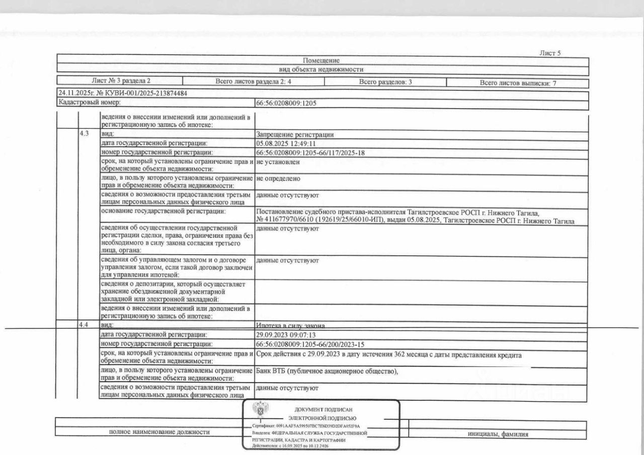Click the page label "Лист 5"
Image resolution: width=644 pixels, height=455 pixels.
(550, 53)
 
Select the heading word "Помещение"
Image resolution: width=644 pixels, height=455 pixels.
(321, 61)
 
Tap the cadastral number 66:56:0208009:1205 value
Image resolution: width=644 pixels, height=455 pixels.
(286, 103)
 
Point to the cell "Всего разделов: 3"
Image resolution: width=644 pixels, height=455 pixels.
(385, 81)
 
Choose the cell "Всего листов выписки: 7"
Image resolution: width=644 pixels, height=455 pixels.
(518, 83)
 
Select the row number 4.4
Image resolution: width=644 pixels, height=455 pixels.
(84, 325)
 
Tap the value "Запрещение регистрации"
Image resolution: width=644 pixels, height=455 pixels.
(295, 135)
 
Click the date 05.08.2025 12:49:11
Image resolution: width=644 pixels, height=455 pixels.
(286, 143)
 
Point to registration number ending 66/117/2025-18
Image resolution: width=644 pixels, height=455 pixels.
(310, 152)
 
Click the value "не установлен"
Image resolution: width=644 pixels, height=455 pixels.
(278, 162)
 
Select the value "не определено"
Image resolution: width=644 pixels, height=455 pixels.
(278, 178)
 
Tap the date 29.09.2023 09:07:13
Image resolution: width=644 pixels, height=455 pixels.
(286, 334)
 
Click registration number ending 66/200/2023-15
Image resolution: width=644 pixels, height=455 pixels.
(310, 344)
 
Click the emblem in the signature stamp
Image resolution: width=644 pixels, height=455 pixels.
(260, 410)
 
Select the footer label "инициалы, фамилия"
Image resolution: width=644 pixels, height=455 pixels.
(498, 435)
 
